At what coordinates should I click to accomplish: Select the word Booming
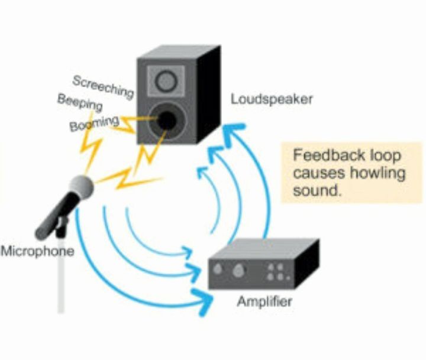pos(95,124)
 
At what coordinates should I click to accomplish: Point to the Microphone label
pos(37,251)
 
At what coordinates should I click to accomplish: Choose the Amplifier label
pos(264,302)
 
